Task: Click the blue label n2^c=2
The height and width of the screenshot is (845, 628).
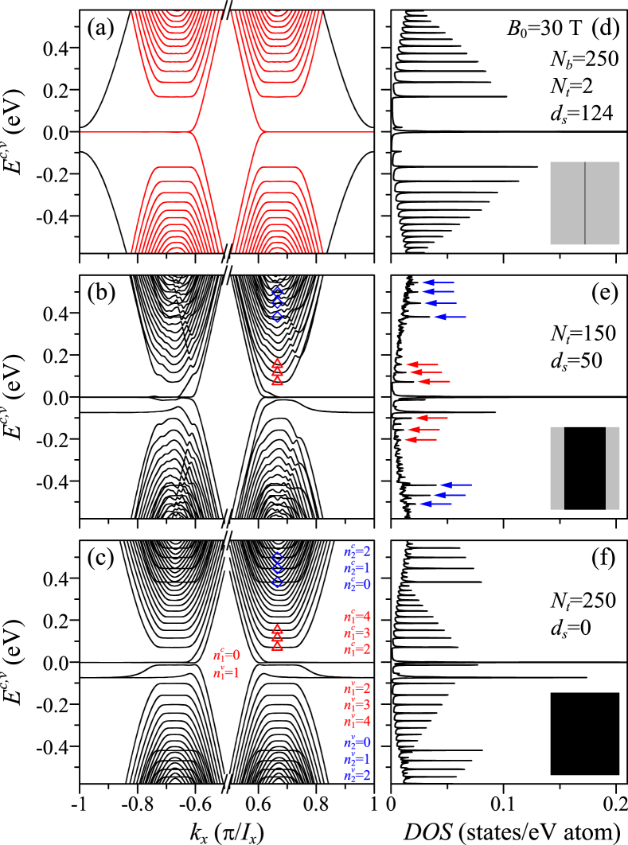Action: [357, 551]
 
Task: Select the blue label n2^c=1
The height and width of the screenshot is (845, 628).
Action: [357, 568]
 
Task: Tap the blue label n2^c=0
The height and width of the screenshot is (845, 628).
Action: [357, 585]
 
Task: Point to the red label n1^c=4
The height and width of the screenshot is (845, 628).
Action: [357, 617]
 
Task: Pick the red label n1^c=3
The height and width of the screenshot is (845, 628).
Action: [357, 633]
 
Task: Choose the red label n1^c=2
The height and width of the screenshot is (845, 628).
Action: [357, 649]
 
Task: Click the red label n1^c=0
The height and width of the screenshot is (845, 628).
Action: [226, 656]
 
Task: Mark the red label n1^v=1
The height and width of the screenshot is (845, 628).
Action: [226, 673]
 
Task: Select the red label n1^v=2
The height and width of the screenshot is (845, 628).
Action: [357, 688]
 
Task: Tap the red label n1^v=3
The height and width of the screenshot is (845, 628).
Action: [357, 705]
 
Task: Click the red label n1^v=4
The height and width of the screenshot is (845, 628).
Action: [357, 722]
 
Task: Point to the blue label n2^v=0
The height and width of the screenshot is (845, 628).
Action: [357, 742]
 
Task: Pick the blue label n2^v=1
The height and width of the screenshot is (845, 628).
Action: [357, 759]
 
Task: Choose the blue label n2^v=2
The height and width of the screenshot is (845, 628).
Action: [357, 776]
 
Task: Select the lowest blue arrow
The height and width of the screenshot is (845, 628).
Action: [435, 504]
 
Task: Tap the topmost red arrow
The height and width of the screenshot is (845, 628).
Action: [422, 364]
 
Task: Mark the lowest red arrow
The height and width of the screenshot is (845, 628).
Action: [420, 439]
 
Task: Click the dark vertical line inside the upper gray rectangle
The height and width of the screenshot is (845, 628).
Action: [585, 203]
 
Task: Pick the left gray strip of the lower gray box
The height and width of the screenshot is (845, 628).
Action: [557, 468]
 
